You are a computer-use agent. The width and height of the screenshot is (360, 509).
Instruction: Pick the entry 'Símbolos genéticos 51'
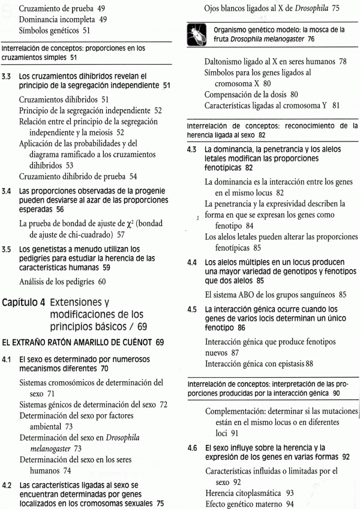55,31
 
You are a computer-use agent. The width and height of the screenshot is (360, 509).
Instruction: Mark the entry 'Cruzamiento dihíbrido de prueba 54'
78,176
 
